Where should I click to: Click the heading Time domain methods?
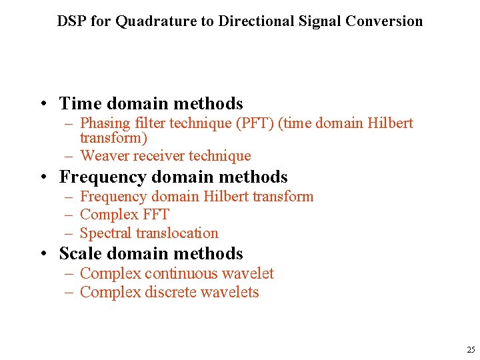coord(151,103)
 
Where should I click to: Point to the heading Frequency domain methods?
coord(173,177)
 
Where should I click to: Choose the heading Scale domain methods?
coord(151,253)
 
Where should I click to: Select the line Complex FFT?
coord(125,215)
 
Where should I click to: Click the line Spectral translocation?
coord(149,233)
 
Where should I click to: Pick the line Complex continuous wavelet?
coord(177,273)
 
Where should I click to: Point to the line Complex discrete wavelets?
coord(169,292)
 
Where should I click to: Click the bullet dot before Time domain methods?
coord(42,104)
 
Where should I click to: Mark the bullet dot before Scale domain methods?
coord(42,254)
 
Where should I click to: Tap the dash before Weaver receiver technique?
coord(69,156)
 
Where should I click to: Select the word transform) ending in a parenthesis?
coord(113,138)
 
